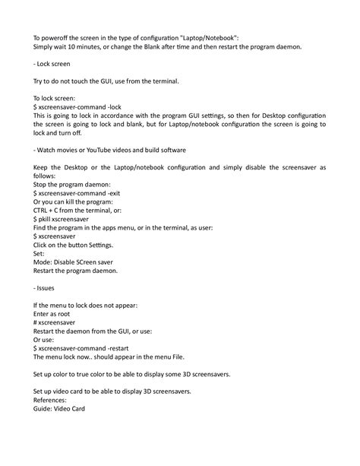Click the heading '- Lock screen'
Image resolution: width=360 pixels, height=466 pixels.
pos(52,65)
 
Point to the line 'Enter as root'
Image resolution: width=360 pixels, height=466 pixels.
pos(53,314)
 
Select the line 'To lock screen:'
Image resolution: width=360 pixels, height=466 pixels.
pos(55,99)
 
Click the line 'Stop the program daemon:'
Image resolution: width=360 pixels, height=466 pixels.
pos(72,184)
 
